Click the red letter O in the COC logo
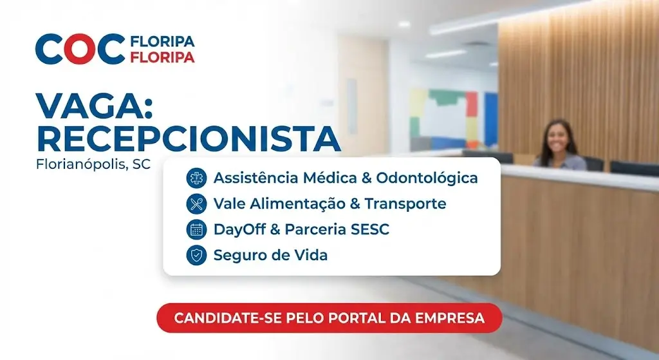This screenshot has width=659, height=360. pyautogui.click(x=80, y=50)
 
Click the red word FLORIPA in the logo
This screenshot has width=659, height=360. pyautogui.click(x=162, y=57)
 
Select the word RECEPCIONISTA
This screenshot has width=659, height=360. pyautogui.click(x=188, y=138)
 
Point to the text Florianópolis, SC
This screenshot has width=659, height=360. pyautogui.click(x=94, y=164)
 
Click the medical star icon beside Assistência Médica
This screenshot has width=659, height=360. pyautogui.click(x=196, y=178)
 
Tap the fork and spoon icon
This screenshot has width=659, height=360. pyautogui.click(x=196, y=204)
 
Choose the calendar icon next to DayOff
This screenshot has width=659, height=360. pyautogui.click(x=196, y=229)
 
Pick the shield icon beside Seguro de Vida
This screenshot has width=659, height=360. pyautogui.click(x=196, y=255)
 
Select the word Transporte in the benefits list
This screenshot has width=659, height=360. pyautogui.click(x=405, y=204)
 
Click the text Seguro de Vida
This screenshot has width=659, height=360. pyautogui.click(x=270, y=255)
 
